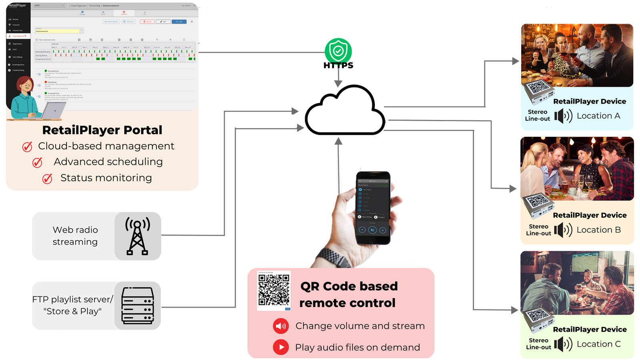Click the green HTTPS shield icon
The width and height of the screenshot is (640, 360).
tap(338, 51)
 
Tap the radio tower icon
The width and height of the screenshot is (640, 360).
tap(138, 236)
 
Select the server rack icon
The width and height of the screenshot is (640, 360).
tap(138, 306)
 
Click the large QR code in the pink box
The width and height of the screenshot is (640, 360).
tap(274, 290)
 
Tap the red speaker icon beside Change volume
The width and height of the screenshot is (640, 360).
tap(281, 326)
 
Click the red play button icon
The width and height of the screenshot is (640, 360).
tap(281, 347)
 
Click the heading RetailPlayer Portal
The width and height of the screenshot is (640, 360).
tap(102, 130)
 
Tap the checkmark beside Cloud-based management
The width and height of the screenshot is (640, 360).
tap(27, 147)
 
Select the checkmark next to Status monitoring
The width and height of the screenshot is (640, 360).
tap(47, 178)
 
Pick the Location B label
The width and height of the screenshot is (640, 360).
tap(598, 230)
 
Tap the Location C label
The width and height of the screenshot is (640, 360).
tap(598, 344)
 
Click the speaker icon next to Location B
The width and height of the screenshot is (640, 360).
tap(563, 230)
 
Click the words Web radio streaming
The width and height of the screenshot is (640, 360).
tap(75, 236)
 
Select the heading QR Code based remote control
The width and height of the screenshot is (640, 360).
tap(348, 294)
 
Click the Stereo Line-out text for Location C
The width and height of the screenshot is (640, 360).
tap(538, 344)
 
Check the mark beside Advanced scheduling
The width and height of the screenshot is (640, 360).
tap(37, 162)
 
